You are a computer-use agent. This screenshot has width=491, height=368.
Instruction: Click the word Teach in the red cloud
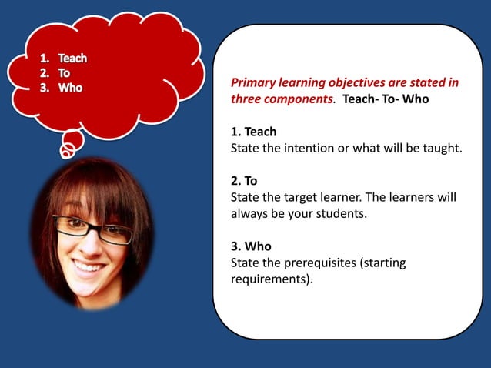tap(72, 58)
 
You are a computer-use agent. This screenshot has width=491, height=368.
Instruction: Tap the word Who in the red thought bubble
tap(70, 87)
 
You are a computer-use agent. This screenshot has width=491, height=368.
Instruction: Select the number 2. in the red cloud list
tap(45, 72)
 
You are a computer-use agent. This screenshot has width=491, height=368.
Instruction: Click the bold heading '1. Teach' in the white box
tap(253, 132)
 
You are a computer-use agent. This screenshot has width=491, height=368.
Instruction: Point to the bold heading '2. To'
tap(245, 181)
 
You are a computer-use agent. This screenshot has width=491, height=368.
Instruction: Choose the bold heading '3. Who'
tap(251, 247)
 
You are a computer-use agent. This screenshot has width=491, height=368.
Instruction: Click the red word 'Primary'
tap(255, 83)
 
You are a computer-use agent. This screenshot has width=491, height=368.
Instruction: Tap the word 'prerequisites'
tap(322, 263)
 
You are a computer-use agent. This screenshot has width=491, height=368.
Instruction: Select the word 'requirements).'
tap(272, 279)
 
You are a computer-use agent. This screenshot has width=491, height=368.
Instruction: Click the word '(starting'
tap(386, 263)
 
